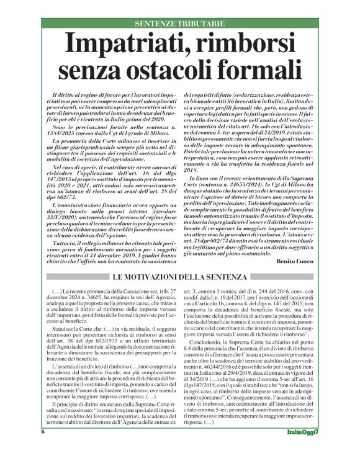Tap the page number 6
point(43,449)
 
